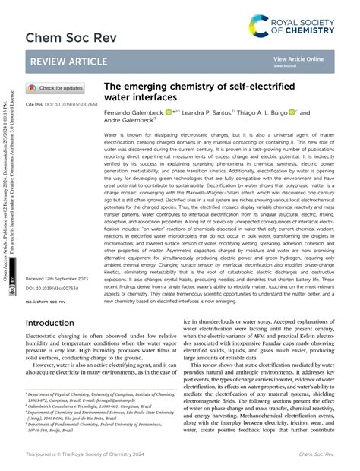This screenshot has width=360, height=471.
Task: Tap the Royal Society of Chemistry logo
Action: coord(303,24)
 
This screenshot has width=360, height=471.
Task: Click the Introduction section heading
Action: coord(56,344)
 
